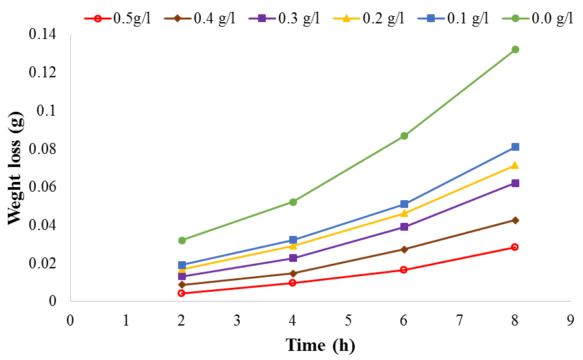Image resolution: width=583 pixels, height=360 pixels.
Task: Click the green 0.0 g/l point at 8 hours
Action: pos(515,49)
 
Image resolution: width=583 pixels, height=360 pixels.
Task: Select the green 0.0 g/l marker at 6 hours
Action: pos(404,136)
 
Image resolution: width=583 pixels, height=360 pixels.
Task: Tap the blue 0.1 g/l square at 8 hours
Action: pos(515,147)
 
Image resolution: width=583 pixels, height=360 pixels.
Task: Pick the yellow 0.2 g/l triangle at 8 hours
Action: pos(515,166)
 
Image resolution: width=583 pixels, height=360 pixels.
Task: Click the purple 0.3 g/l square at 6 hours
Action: pos(404,227)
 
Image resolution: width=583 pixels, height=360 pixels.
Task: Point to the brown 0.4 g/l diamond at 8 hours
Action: pos(515,220)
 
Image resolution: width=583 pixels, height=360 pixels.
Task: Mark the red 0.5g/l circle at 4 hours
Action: pos(292,283)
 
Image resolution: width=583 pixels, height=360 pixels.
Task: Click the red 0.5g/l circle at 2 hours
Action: pos(181,293)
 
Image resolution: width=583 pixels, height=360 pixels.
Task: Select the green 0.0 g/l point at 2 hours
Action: pos(181,240)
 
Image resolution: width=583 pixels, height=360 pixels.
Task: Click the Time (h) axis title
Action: pos(320,345)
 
